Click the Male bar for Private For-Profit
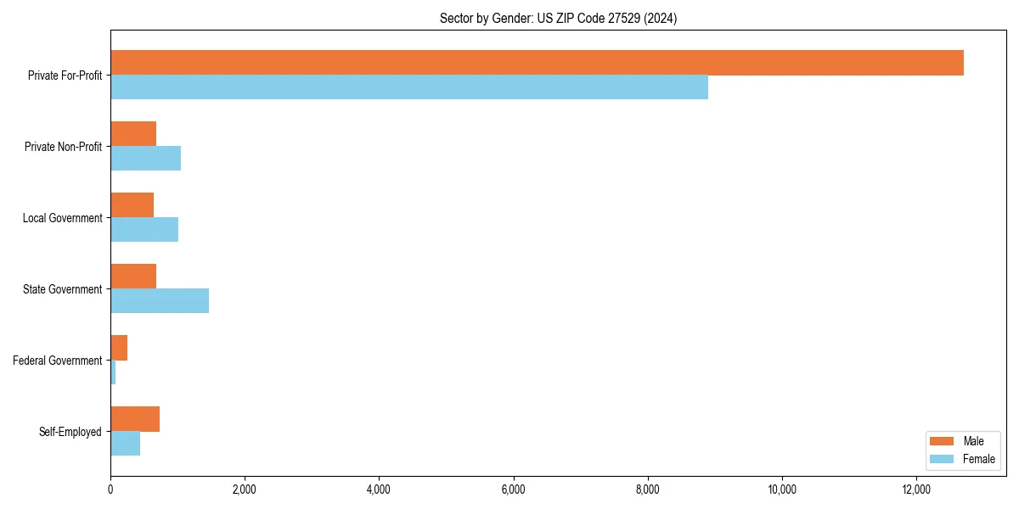click(537, 63)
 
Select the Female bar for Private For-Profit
click(409, 87)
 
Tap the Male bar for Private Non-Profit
click(133, 134)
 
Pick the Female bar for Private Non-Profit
click(145, 158)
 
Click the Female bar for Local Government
click(144, 229)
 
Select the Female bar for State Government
click(160, 300)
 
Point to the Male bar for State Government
click(133, 277)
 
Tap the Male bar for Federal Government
click(119, 348)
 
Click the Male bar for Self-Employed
click(135, 419)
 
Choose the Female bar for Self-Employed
click(125, 443)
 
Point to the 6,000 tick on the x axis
click(513, 489)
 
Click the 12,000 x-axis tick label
click(916, 489)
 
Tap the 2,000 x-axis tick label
click(245, 489)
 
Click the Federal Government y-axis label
click(58, 361)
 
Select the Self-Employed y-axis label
click(70, 432)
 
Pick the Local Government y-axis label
click(63, 218)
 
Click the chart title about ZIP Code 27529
click(558, 18)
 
